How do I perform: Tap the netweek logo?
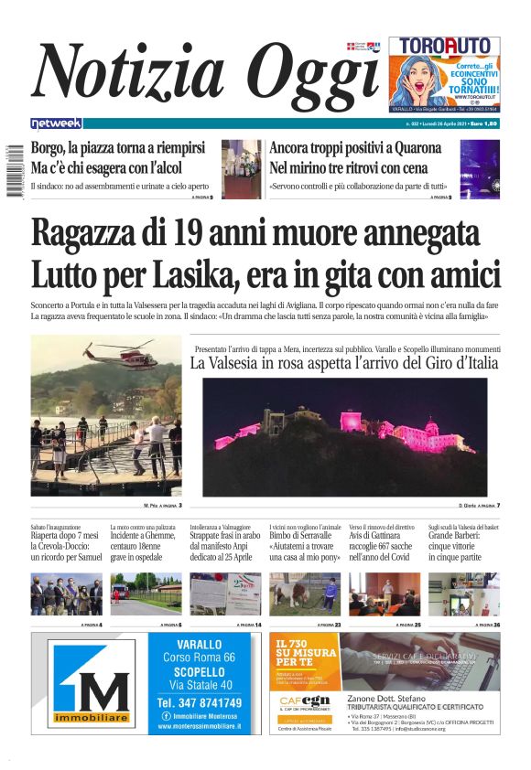tap(56, 123)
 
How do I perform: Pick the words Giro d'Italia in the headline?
tap(451, 363)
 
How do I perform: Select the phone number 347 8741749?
tap(199, 702)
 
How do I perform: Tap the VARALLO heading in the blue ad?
tap(199, 645)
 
